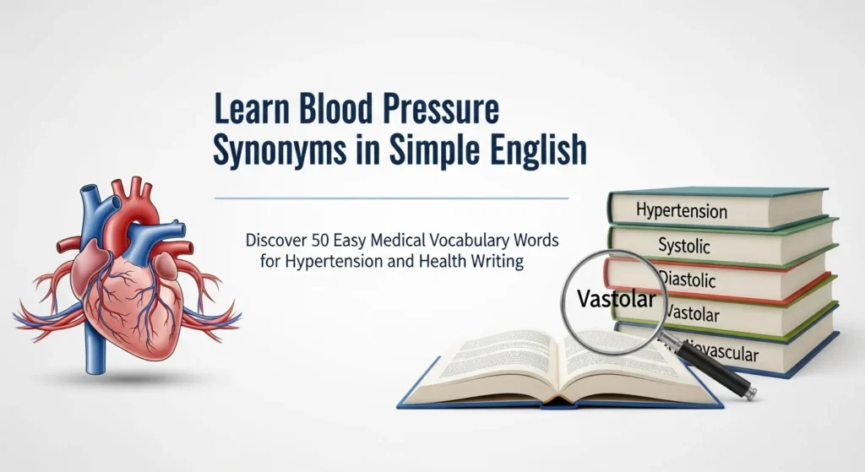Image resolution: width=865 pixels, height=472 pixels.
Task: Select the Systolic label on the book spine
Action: coord(684,247)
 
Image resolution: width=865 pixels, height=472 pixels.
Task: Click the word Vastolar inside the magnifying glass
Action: coord(613,298)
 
